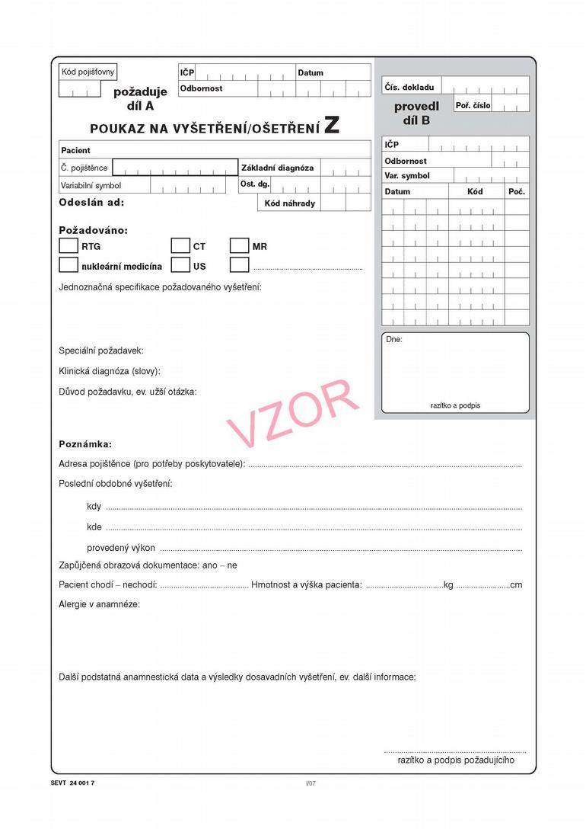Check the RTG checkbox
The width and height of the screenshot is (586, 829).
pos(68,246)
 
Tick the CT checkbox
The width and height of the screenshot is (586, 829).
pos(180,246)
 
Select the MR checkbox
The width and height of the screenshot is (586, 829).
pos(239,246)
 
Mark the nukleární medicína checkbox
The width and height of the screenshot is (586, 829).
pos(68,266)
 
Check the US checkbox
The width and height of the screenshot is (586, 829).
pos(180,266)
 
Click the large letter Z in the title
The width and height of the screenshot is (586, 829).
pos(332,126)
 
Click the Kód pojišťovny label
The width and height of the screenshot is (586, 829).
pos(88,72)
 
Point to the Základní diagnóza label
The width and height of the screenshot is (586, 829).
pos(277,168)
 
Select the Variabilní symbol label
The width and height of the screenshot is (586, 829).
pos(91,185)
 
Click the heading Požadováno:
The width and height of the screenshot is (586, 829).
pos(94,229)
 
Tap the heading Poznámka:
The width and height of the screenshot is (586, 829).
pos(85,443)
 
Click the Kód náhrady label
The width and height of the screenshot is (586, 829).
pos(289,203)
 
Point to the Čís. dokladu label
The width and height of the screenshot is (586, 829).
pos(409,88)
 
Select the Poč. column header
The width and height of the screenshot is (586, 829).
pos(517,191)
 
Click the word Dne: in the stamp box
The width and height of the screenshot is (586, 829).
pos(394,340)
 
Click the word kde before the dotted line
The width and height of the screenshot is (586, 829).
pos(94,527)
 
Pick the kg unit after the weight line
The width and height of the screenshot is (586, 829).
pos(448,585)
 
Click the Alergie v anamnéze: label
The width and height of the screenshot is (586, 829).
pos(99,604)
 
